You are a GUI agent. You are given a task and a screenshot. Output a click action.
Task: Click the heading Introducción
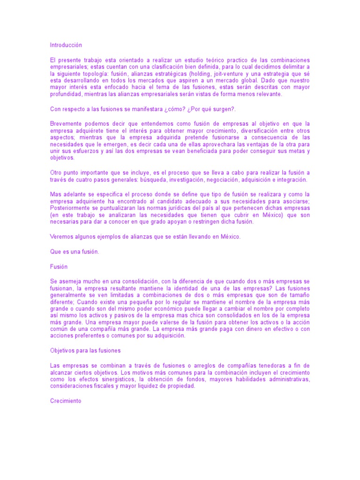point(66,45)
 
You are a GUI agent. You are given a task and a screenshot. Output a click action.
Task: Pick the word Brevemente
point(67,124)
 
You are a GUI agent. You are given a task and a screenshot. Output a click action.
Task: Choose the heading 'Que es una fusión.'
point(75,251)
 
